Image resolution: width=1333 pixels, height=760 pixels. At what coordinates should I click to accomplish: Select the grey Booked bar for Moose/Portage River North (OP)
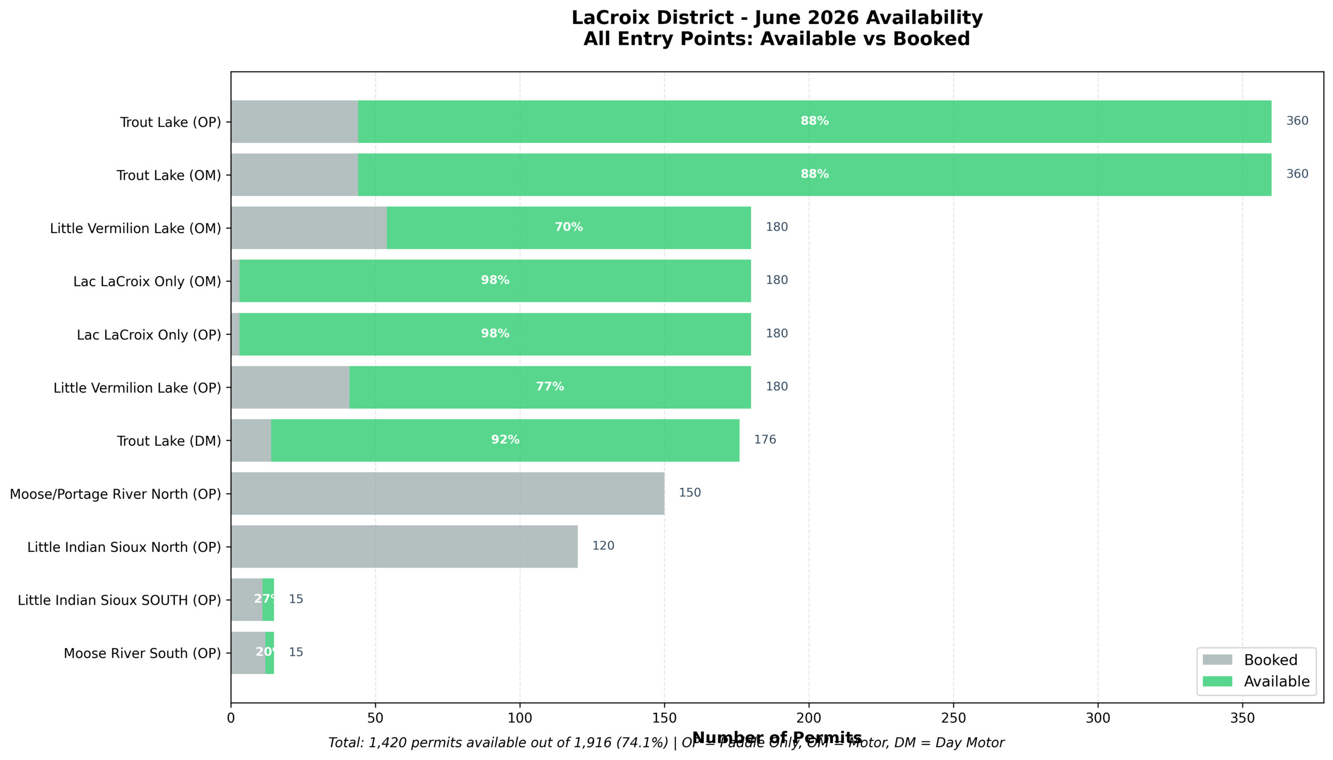447,493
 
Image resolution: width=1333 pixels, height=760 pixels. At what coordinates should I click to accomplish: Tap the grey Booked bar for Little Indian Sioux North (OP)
404,547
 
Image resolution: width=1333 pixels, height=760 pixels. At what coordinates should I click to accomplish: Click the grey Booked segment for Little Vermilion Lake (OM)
309,228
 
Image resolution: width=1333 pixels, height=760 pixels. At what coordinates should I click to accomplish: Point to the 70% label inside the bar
568,227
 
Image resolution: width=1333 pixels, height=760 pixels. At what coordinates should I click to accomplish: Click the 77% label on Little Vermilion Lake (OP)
550,387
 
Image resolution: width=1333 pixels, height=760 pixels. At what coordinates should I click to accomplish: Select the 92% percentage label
505,440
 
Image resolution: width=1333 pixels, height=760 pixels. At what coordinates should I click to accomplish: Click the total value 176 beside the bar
765,440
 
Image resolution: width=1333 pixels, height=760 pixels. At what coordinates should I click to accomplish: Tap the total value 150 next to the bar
689,493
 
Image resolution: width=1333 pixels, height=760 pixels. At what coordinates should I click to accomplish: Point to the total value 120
603,546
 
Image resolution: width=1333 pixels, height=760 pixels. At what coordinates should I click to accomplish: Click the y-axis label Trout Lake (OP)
170,122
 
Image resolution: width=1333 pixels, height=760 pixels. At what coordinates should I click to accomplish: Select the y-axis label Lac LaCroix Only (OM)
147,282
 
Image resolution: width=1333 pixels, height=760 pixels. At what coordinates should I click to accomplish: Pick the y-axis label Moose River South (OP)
142,653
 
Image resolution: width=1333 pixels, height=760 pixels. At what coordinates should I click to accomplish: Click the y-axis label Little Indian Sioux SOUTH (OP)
119,601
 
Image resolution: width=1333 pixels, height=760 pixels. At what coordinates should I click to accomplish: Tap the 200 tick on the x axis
809,718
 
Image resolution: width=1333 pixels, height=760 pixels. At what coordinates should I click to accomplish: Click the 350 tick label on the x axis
1242,718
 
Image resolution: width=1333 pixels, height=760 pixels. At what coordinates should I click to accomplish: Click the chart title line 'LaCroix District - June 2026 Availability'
777,18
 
